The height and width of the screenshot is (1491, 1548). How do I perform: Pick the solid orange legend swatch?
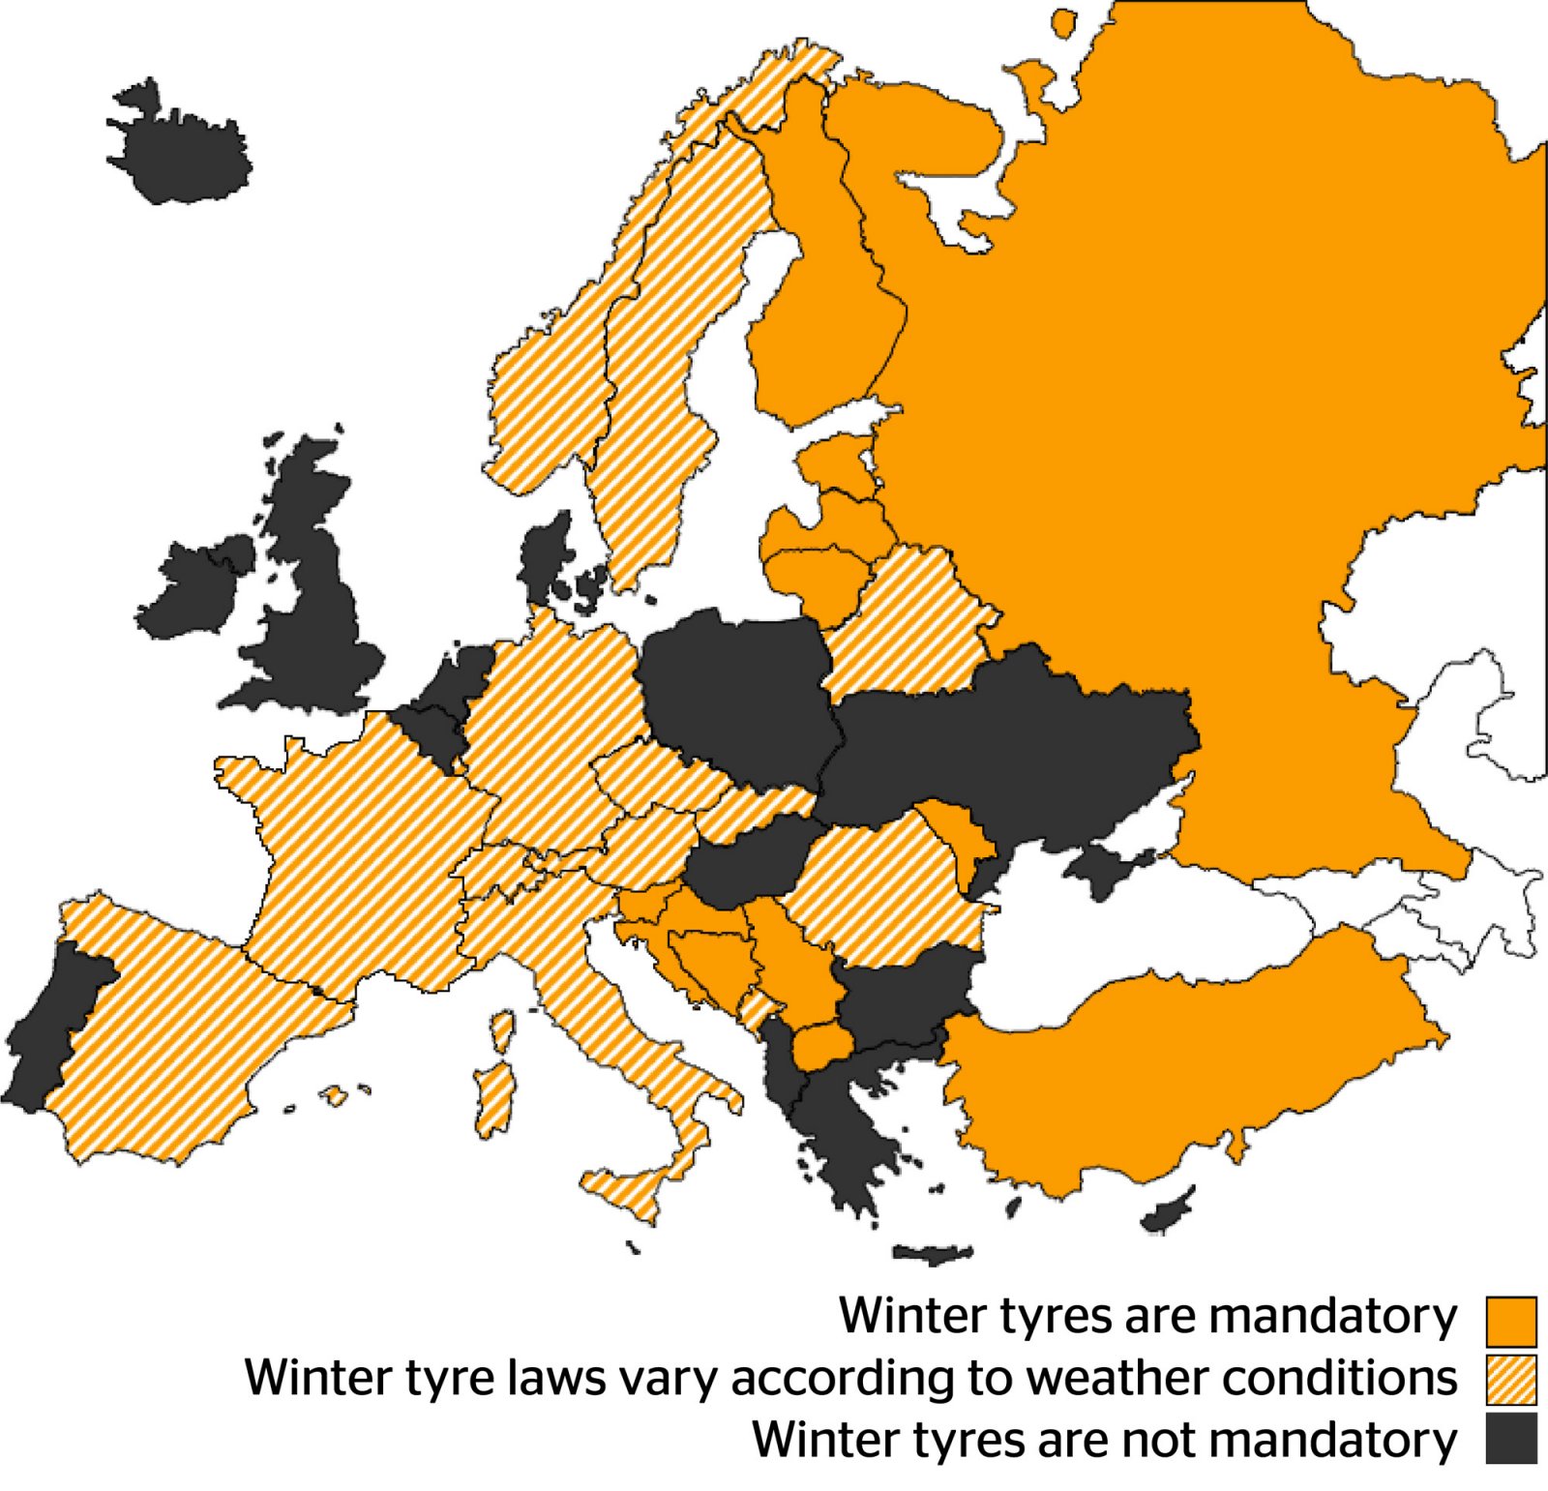click(1510, 1321)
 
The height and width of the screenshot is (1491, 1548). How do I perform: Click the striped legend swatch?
click(1510, 1380)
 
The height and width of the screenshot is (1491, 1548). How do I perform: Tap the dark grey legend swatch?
click(1510, 1439)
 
